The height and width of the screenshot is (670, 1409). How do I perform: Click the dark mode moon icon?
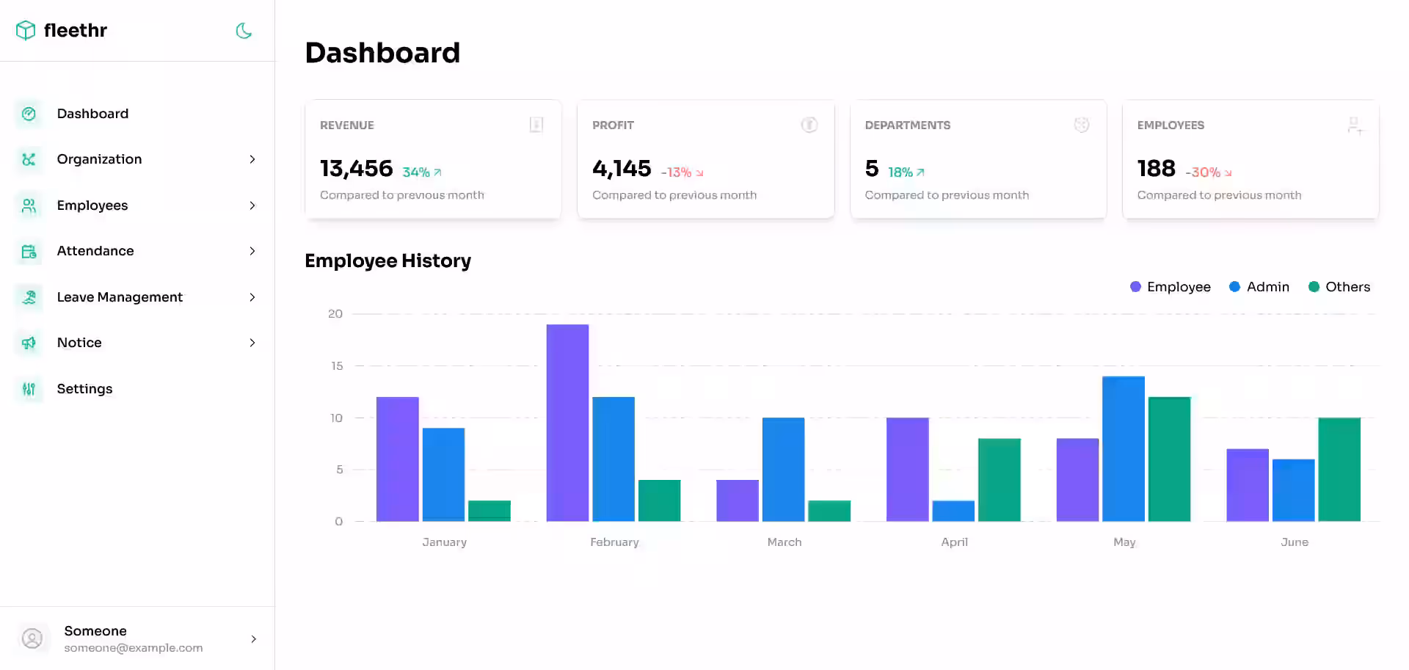(x=244, y=31)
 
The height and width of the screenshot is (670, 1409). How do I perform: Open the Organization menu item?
(x=99, y=159)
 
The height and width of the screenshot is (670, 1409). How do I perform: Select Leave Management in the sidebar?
(x=120, y=297)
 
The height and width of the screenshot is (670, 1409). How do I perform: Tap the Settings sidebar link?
(x=84, y=389)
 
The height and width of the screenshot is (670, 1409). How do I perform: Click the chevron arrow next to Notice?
(x=252, y=343)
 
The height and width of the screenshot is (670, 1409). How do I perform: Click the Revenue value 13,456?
(x=356, y=169)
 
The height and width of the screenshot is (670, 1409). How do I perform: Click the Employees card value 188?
(x=1156, y=169)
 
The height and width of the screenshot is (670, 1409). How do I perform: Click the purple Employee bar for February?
(x=567, y=423)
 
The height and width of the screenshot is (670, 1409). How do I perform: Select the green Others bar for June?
(x=1339, y=470)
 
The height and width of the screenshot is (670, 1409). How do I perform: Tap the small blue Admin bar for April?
(x=953, y=511)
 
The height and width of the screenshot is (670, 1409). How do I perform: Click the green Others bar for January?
(x=489, y=511)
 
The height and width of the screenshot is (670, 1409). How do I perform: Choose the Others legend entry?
(x=1339, y=287)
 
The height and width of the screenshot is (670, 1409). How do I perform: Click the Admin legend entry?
(x=1259, y=287)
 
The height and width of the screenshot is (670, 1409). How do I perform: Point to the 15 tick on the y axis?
(x=337, y=365)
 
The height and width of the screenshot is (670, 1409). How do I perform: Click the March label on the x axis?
(x=784, y=542)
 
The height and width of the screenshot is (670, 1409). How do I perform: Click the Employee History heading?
(x=387, y=261)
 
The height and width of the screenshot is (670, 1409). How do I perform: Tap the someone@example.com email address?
(x=133, y=648)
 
